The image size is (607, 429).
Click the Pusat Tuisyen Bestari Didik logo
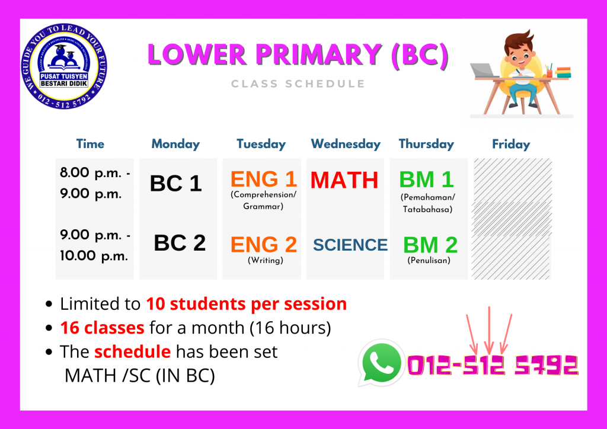coord(64,66)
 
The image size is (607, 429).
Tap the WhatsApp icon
coord(381,363)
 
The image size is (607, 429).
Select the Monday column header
coord(175,144)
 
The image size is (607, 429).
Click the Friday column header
coord(510,145)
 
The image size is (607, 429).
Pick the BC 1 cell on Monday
coord(175,183)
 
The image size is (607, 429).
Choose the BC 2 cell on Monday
coord(180,243)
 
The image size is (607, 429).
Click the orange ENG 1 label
coord(264,179)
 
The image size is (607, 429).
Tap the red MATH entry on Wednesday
coord(344,180)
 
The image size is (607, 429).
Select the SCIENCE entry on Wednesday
coord(350,245)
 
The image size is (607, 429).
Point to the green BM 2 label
coord(430,245)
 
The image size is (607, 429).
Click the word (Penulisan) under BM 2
coord(429,260)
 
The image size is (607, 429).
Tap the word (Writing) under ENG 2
coord(265,260)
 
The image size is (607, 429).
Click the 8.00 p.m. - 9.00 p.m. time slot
coord(95,183)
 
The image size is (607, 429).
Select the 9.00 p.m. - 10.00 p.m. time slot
coord(95,245)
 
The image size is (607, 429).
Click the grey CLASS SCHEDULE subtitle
coord(298,84)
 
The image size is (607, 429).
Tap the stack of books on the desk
coord(563,72)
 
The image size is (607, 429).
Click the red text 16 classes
coord(102,328)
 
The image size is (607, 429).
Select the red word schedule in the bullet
coord(132,351)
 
